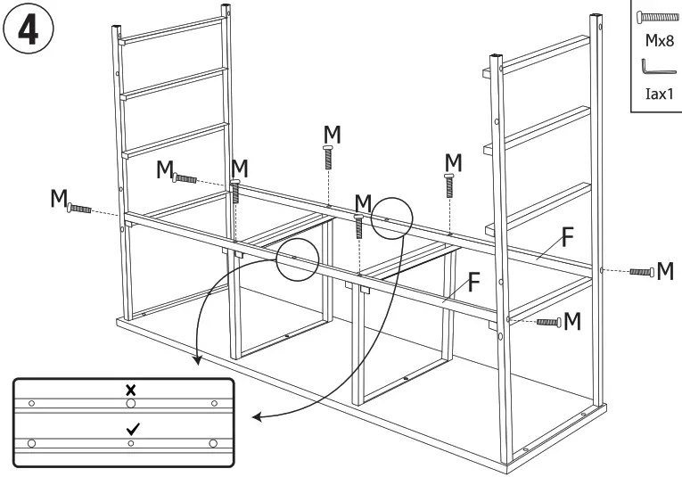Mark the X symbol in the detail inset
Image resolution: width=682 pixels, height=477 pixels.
point(131,391)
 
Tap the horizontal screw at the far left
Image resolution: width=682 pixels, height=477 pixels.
point(79,208)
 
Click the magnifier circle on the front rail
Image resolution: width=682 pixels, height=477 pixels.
point(298,259)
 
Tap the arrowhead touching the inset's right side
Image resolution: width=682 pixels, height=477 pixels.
point(255,417)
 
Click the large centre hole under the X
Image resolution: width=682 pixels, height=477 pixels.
point(131,404)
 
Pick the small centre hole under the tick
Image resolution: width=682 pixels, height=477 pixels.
point(131,442)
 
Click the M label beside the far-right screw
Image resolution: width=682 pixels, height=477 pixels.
point(665,270)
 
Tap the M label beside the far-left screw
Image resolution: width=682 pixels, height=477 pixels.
point(58,197)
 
